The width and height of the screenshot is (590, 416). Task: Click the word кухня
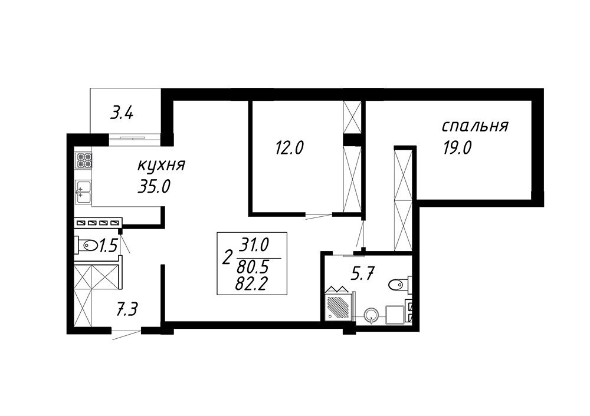(162, 166)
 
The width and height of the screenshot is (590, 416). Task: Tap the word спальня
(475, 127)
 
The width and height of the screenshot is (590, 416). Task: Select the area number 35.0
(154, 186)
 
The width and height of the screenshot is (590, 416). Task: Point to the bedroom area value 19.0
(457, 148)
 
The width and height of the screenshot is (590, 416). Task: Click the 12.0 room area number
(289, 148)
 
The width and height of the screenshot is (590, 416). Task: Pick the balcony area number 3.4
(122, 113)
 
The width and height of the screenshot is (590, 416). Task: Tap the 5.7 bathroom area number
(362, 273)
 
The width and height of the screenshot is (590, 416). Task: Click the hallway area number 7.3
(126, 310)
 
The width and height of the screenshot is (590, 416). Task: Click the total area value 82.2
(251, 284)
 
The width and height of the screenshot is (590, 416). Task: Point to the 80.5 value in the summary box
(253, 268)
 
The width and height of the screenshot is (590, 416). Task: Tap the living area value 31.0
(254, 245)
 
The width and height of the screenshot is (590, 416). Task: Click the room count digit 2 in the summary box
(227, 258)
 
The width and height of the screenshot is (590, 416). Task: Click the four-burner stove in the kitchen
(84, 160)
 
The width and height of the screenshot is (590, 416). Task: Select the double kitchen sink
(83, 193)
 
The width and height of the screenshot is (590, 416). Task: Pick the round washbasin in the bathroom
(372, 315)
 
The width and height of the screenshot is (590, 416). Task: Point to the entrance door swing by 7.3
(127, 335)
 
